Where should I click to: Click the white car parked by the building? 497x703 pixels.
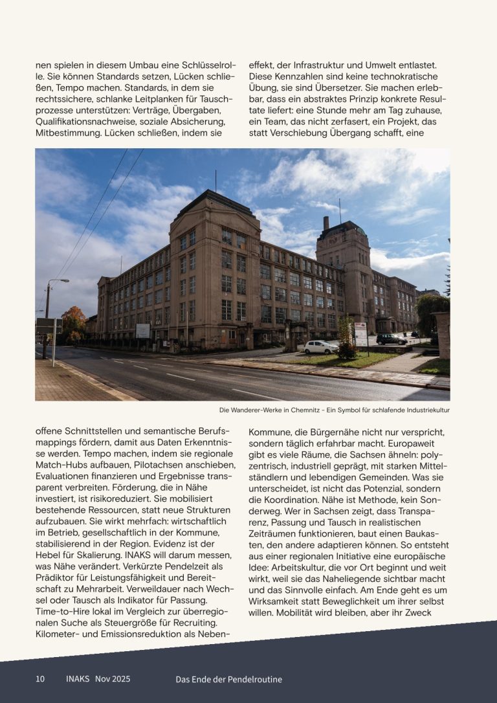pos(321,347)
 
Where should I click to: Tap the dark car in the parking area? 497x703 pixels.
pos(391,339)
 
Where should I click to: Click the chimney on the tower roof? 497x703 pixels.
pos(326,223)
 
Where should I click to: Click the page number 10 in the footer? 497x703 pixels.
pos(40,678)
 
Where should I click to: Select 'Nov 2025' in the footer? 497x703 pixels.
pos(113,678)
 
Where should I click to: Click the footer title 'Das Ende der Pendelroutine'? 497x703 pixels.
pos(229,679)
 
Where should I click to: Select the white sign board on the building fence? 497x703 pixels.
pos(142,330)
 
